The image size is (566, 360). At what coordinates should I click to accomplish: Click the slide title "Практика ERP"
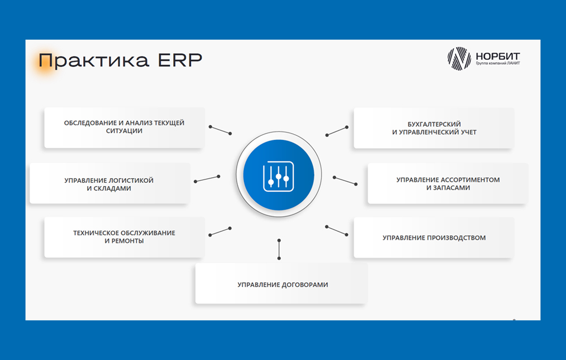(120, 61)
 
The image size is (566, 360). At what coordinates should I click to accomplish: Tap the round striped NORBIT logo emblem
(459, 58)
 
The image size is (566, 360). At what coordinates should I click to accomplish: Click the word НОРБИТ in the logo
(498, 56)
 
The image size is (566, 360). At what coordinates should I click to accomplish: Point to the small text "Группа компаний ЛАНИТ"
(498, 63)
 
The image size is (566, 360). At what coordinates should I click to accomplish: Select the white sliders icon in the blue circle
(278, 176)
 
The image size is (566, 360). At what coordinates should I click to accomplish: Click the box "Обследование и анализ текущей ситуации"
(124, 127)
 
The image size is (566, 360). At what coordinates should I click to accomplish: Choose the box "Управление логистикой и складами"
(109, 183)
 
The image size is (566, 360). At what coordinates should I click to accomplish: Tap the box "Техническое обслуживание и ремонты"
(124, 237)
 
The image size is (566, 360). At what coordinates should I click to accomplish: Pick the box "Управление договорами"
(281, 284)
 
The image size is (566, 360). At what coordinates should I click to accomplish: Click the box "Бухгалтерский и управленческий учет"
(434, 128)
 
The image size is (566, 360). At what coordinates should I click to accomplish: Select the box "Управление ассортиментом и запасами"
(448, 183)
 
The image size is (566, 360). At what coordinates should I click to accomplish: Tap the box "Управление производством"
(434, 238)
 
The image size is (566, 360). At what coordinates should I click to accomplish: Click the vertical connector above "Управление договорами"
(279, 249)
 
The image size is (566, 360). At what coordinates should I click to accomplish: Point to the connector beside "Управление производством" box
(336, 231)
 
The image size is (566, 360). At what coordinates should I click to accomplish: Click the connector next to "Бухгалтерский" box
(337, 131)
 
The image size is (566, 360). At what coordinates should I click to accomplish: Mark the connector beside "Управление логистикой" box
(207, 179)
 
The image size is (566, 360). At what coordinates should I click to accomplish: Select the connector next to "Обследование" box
(220, 130)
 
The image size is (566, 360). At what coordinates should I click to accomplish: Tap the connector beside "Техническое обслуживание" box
(220, 232)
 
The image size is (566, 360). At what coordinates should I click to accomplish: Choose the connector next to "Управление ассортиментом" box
(345, 181)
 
